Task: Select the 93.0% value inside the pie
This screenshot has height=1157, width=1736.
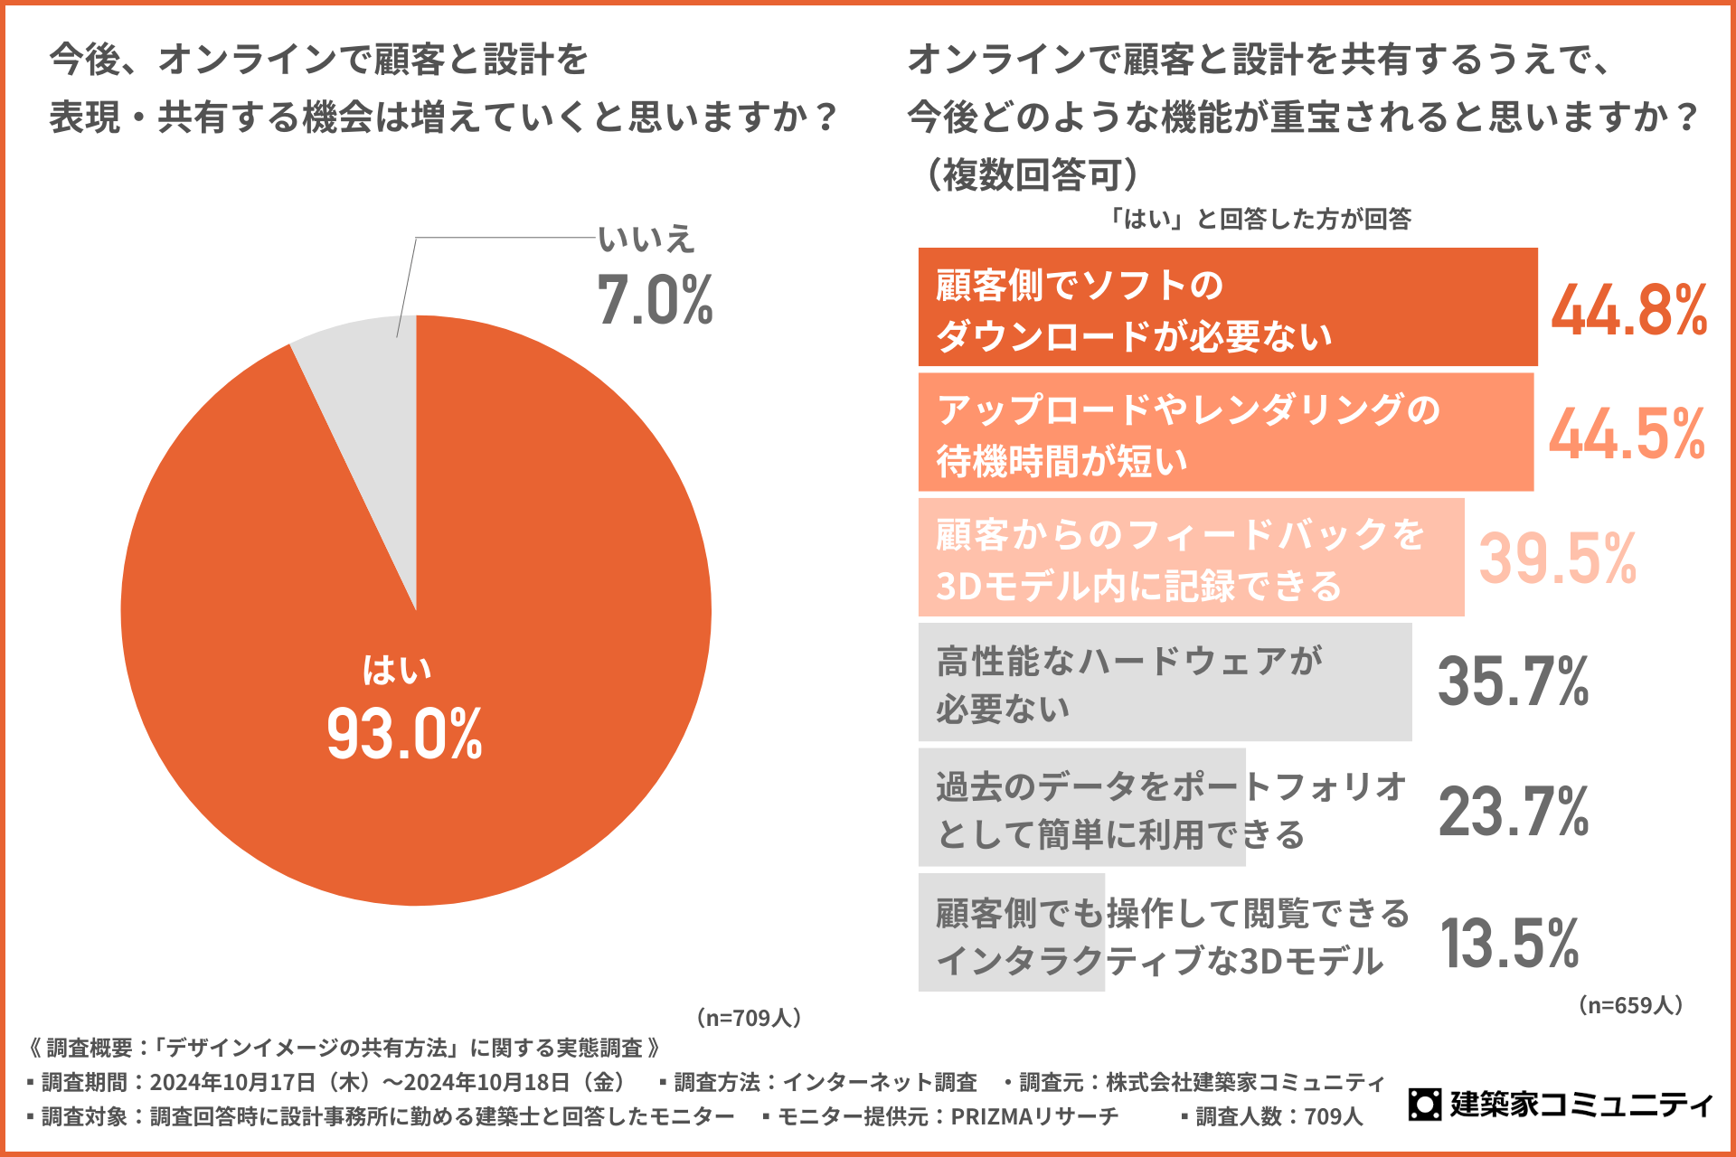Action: coord(404,734)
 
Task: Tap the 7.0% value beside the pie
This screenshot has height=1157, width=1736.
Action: coord(655,300)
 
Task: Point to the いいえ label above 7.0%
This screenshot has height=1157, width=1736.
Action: coord(646,240)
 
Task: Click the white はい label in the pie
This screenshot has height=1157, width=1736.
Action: coord(397,670)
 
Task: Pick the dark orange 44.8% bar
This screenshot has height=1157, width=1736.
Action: coord(1227,307)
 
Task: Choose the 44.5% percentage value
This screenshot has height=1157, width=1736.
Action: coord(1627,435)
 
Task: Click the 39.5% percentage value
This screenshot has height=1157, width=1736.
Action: coord(1557,559)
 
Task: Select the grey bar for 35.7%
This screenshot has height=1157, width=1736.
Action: coord(1165,682)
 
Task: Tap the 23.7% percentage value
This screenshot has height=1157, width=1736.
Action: coord(1514,811)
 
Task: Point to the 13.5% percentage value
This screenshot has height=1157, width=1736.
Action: coord(1509,943)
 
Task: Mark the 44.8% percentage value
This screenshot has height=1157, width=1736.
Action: coord(1628,310)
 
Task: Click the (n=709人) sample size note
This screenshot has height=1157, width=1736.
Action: coord(749,1018)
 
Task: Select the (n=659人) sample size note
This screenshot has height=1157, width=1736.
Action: coord(1630,1005)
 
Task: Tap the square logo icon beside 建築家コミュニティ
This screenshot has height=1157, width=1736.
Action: coord(1425,1104)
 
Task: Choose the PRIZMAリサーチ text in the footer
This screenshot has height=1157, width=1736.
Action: coord(1034,1117)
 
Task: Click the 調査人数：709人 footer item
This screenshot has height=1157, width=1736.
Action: coord(1278,1117)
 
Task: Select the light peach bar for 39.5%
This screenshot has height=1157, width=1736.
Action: coord(1191,558)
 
